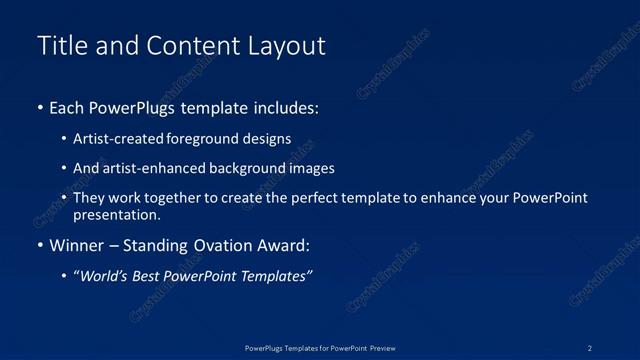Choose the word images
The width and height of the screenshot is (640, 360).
pyautogui.click(x=312, y=169)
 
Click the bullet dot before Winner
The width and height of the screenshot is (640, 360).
pyautogui.click(x=39, y=245)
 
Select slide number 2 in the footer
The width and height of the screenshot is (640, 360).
pyautogui.click(x=590, y=347)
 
